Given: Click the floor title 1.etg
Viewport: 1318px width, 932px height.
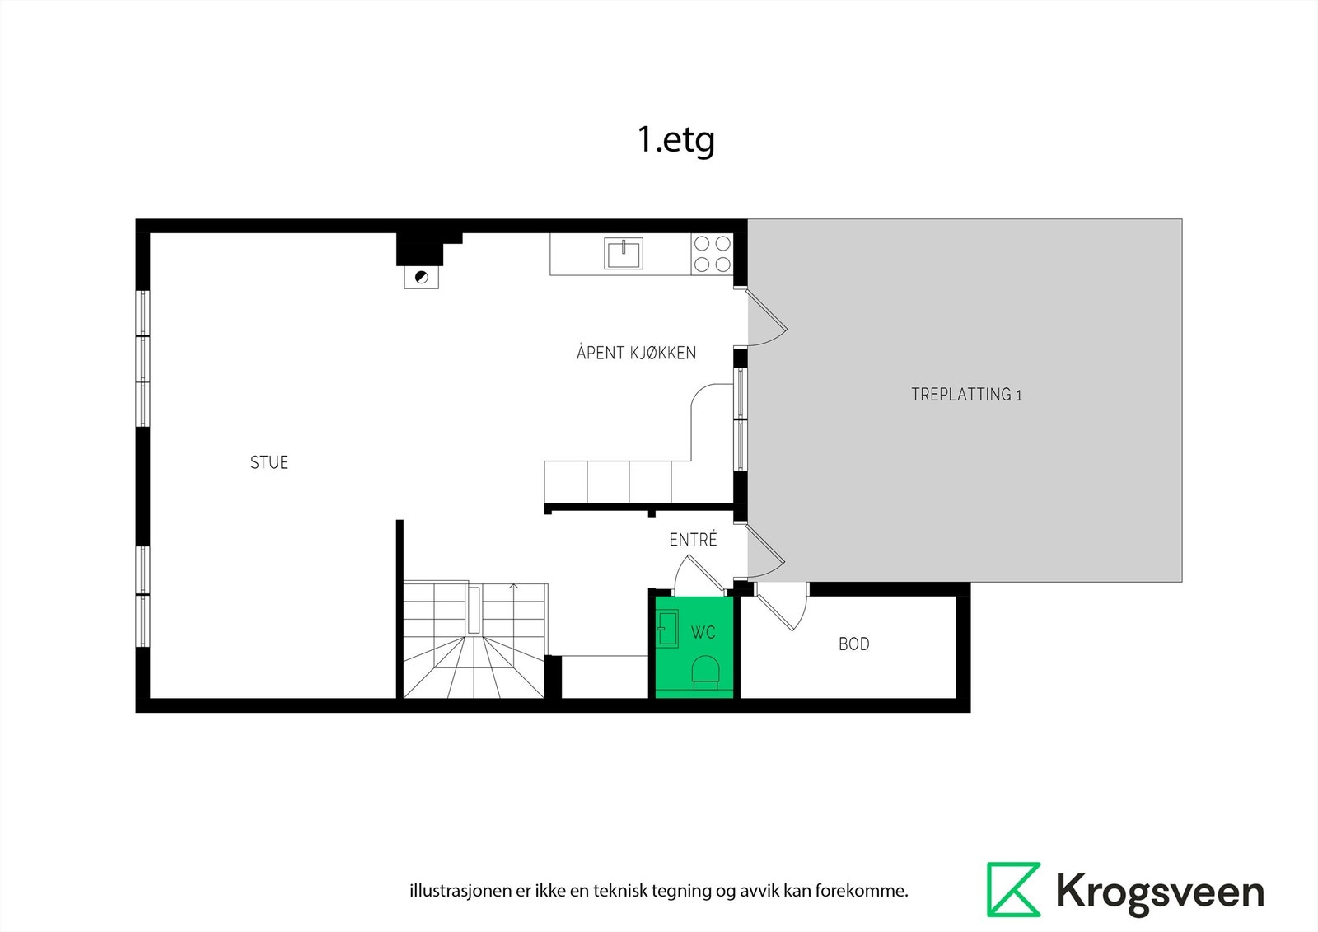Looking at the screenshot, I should click(675, 140).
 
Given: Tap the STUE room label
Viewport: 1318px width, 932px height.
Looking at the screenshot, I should click(269, 462).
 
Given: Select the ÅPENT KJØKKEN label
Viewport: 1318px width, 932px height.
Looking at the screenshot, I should click(636, 353).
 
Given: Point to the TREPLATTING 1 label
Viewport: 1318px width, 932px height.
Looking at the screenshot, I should click(966, 395).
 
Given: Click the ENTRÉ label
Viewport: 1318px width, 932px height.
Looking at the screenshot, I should click(693, 540).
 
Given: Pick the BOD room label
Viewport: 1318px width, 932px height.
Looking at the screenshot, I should click(853, 644).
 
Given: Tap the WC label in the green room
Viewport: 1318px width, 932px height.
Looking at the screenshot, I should click(703, 633).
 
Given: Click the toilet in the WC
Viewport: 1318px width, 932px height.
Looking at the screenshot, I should click(704, 672).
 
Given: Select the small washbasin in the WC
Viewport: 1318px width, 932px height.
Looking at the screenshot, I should click(667, 629).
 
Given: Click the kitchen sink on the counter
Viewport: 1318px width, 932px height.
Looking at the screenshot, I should click(624, 253).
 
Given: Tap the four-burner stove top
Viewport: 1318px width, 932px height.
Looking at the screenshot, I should click(713, 254).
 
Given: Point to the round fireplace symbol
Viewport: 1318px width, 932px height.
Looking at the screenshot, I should click(422, 277).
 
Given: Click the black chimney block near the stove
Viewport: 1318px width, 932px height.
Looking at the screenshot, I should click(421, 247).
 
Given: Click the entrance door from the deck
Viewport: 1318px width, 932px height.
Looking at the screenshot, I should click(765, 550).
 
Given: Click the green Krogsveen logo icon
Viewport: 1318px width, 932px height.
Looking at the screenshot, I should click(1013, 889).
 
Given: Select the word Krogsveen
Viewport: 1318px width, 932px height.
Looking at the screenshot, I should click(1159, 892).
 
